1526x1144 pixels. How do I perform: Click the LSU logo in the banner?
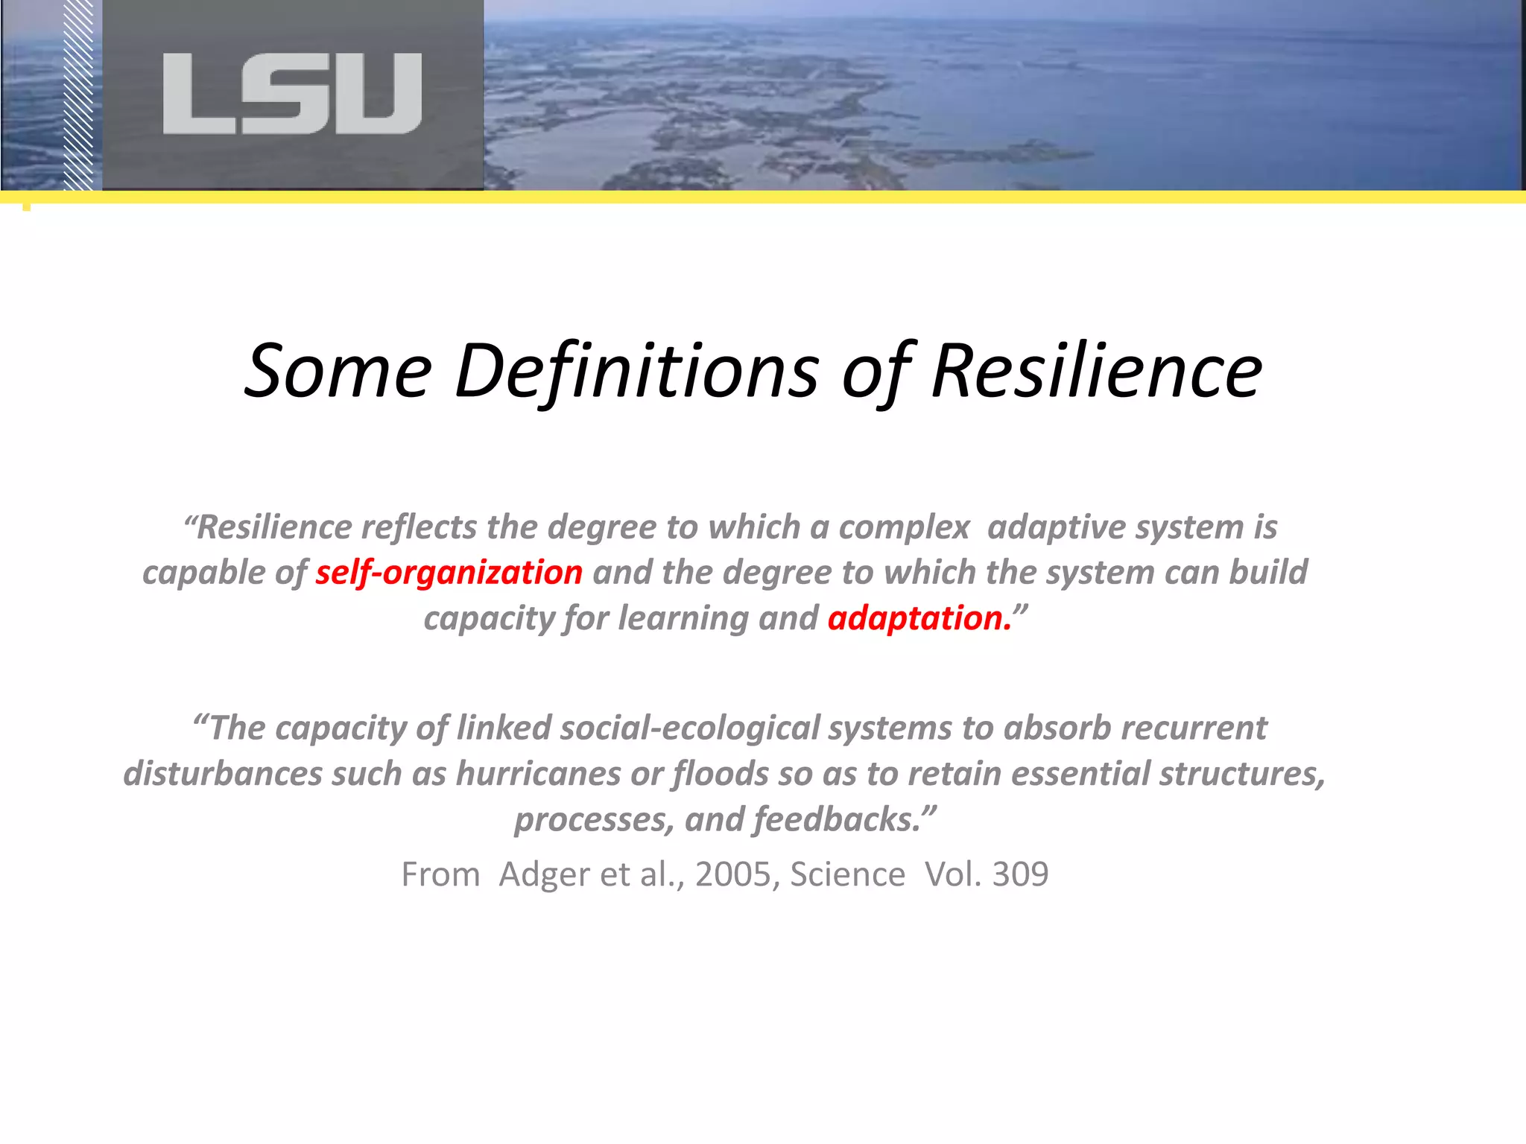[x=292, y=94]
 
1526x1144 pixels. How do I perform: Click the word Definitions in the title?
[x=636, y=371]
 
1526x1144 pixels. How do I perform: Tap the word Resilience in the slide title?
[x=1096, y=371]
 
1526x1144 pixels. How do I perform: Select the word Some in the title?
[x=338, y=371]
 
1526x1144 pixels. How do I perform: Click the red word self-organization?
[x=449, y=573]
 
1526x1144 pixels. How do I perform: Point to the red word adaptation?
[x=919, y=618]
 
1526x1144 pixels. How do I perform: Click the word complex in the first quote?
[x=904, y=527]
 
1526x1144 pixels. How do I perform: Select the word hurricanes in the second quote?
[x=538, y=774]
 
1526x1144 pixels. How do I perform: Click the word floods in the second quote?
[x=721, y=774]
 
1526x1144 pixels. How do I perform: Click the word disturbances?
[x=223, y=774]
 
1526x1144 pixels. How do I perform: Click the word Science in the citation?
[x=847, y=874]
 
